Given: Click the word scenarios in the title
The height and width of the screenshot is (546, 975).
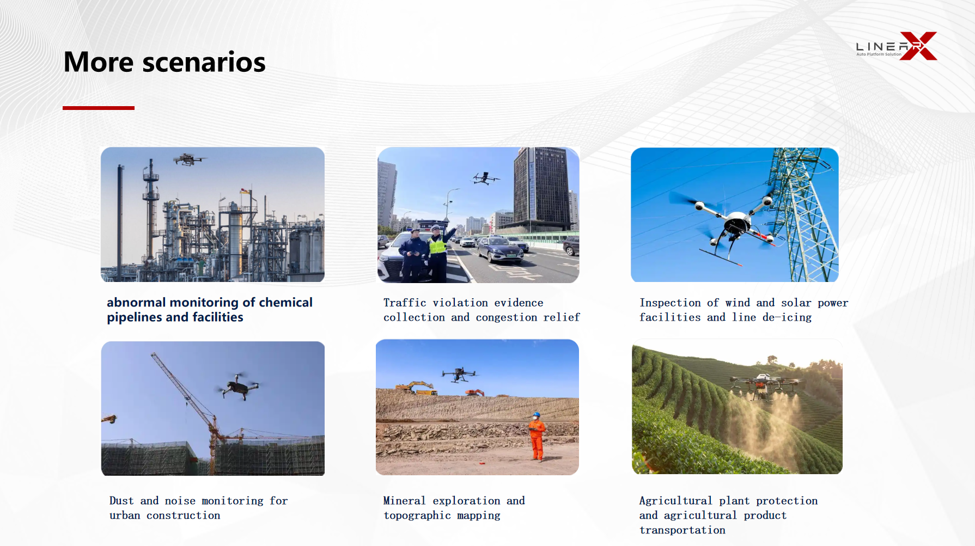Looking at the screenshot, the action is [204, 62].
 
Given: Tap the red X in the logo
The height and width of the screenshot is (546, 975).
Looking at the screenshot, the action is [918, 46].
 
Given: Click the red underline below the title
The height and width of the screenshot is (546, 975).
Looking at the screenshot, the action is [99, 108].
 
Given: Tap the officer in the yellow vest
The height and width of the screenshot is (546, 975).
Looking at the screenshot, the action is [437, 253].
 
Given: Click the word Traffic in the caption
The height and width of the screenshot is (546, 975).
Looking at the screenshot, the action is [405, 303].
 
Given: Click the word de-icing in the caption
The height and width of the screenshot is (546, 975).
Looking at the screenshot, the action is [787, 317].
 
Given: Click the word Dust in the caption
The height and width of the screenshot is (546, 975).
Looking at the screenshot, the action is [121, 501].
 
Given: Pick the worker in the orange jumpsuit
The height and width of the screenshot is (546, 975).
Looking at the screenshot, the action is [537, 437].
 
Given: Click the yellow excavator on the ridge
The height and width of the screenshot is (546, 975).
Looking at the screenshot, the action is [416, 388].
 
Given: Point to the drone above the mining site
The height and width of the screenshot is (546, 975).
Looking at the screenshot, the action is [460, 375].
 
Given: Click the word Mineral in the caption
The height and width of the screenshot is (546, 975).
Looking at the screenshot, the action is [404, 501].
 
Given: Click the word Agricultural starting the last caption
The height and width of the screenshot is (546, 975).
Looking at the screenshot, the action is [675, 501].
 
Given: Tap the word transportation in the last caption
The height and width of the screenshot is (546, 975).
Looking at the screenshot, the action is [682, 530].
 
